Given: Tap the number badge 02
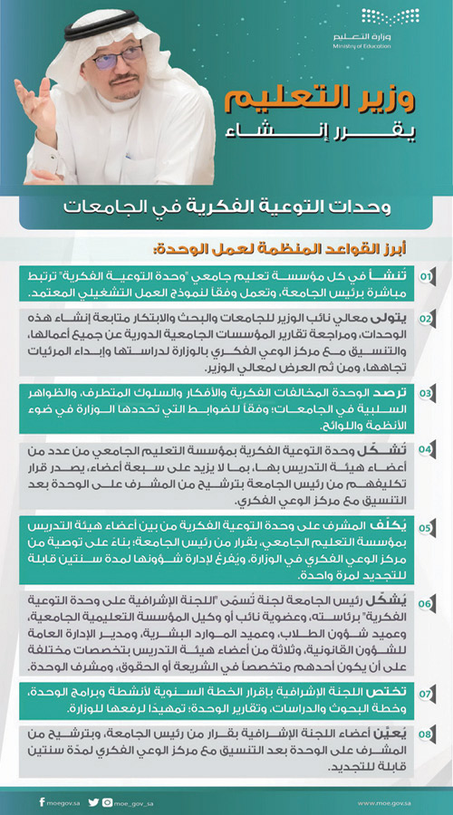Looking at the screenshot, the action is pos(426,320).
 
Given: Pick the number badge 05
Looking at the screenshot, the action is pos(426,525).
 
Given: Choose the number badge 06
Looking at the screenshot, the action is pos(426,603).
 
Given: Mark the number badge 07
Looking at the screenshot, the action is pos(426,693).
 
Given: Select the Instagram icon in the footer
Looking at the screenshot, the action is pos(107,801).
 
